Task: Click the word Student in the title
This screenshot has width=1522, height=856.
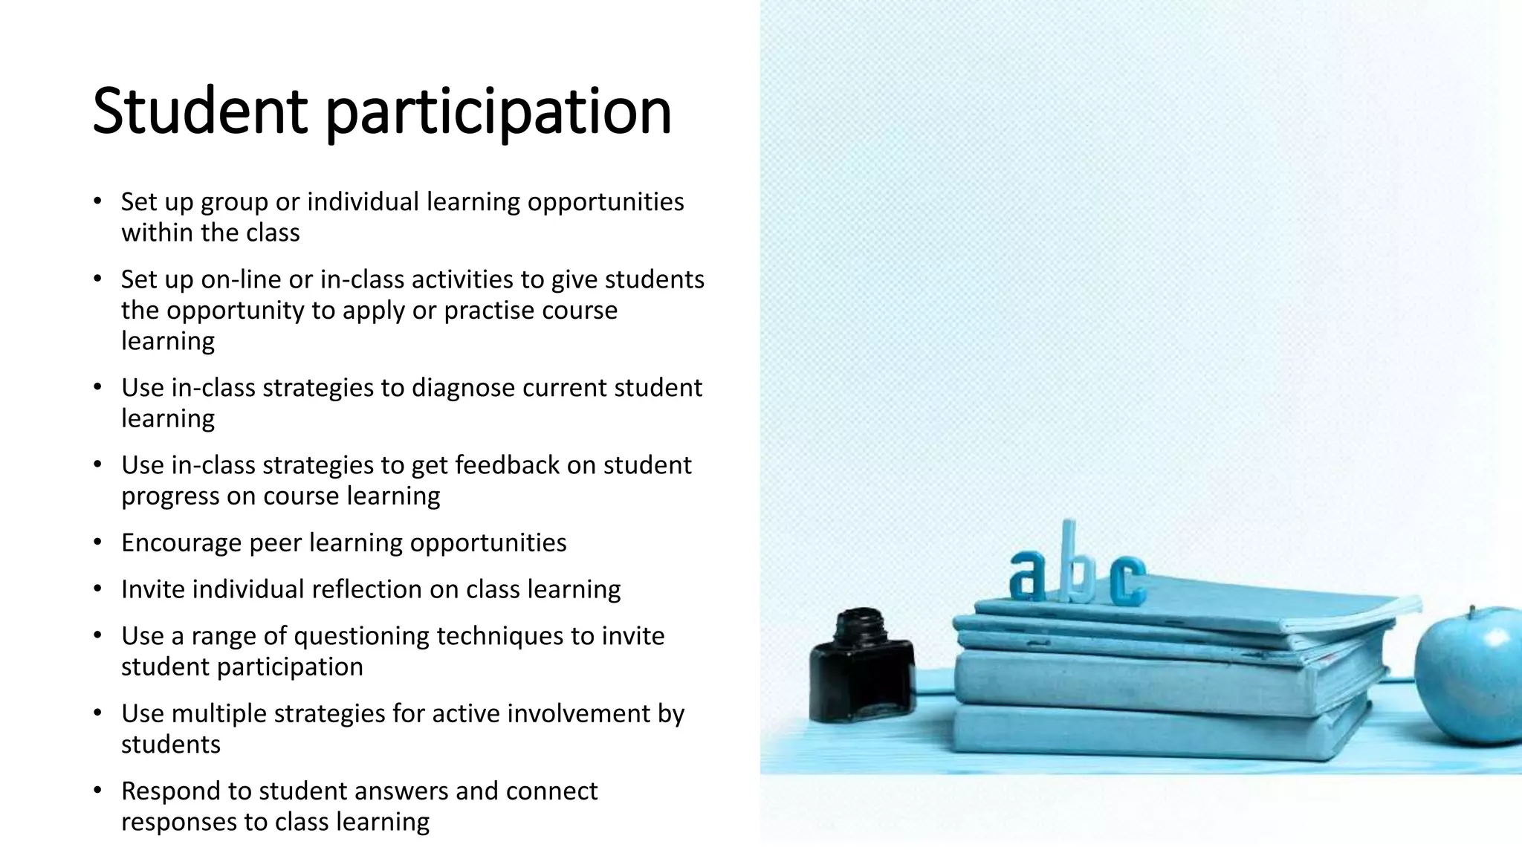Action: [x=199, y=111]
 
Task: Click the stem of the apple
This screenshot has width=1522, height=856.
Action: [x=1471, y=612]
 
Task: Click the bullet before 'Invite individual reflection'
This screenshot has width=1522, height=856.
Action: [x=97, y=589]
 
